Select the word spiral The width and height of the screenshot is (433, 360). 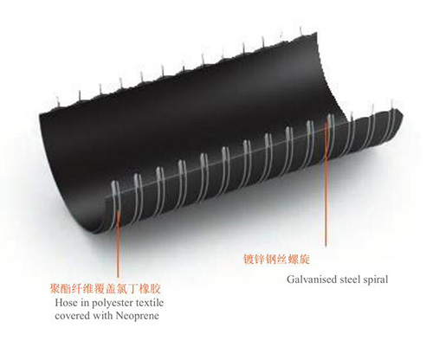376,280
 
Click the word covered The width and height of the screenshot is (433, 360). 73,316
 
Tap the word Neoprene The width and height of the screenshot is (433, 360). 138,316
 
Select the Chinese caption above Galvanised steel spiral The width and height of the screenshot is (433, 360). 276,259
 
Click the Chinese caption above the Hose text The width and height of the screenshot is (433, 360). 105,288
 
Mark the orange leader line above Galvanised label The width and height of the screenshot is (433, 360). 326,182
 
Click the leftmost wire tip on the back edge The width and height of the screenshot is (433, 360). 58,100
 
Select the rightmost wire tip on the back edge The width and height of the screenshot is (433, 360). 301,31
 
